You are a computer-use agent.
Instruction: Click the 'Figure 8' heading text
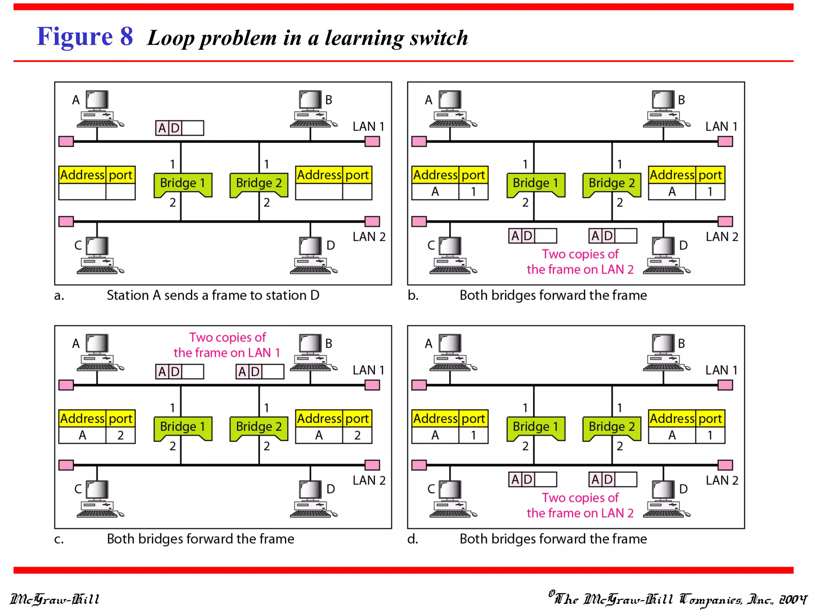pyautogui.click(x=85, y=37)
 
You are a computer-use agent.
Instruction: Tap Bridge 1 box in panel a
pyautogui.click(x=182, y=183)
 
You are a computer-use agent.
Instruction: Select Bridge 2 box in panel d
pyautogui.click(x=611, y=427)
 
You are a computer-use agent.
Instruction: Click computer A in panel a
pyautogui.click(x=98, y=109)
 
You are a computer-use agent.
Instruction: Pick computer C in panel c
pyautogui.click(x=98, y=499)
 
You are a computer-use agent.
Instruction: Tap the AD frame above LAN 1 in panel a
pyautogui.click(x=179, y=128)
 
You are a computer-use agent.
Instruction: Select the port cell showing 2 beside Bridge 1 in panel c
pyautogui.click(x=120, y=435)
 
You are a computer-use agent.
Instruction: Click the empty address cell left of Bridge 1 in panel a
pyautogui.click(x=82, y=192)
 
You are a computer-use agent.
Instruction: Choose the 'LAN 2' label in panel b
pyautogui.click(x=722, y=237)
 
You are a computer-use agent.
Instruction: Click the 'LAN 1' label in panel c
pyautogui.click(x=368, y=370)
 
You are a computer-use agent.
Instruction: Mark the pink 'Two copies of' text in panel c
pyautogui.click(x=227, y=337)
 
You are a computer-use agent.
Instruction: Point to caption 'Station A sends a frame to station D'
pyautogui.click(x=213, y=295)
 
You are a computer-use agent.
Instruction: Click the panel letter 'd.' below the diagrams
pyautogui.click(x=413, y=539)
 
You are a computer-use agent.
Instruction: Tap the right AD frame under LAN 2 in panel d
pyautogui.click(x=612, y=479)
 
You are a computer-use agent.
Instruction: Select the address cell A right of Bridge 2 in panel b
pyautogui.click(x=672, y=192)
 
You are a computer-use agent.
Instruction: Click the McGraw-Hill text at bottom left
pyautogui.click(x=54, y=599)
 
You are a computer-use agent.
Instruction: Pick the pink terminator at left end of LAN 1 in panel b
pyautogui.click(x=419, y=141)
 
